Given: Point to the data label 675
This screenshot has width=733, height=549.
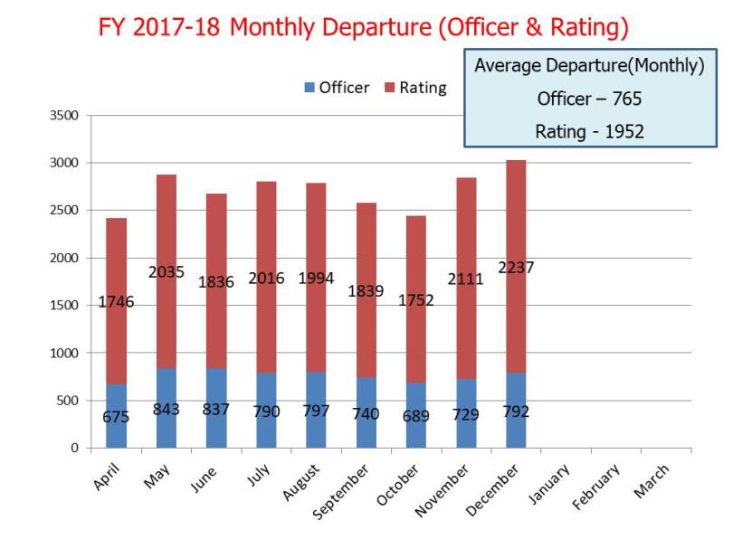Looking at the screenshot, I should coord(116,417).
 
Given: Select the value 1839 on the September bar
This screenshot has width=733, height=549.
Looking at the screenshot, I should coord(366,291).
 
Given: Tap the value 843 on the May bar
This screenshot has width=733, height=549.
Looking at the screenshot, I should coord(166,409).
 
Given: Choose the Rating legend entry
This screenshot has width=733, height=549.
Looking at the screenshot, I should coord(415,88).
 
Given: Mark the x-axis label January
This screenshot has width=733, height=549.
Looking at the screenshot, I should coord(551,480).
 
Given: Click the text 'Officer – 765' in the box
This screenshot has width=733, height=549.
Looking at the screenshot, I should coord(589,98).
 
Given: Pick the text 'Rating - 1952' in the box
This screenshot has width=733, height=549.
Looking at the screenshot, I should coord(589,131).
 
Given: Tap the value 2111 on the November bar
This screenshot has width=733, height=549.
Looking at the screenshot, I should coord(466,279).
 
